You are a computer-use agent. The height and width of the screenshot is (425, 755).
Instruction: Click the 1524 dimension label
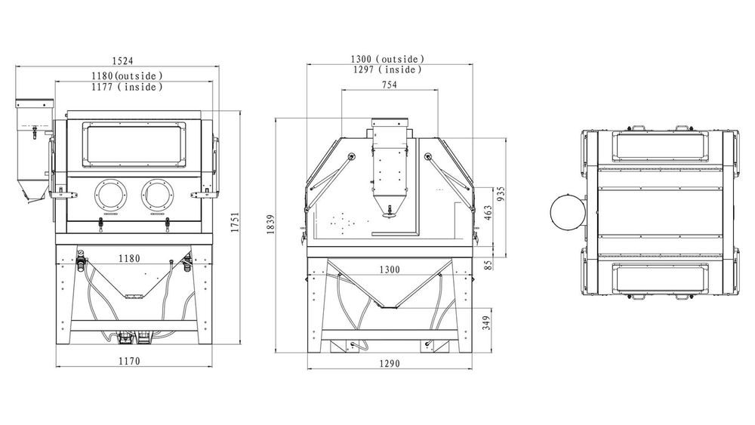coord(122,60)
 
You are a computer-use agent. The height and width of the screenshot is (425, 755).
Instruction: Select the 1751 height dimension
coord(235,223)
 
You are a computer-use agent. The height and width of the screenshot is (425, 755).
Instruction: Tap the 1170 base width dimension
coord(129,361)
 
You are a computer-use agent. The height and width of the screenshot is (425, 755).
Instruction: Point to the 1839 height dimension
coord(270,225)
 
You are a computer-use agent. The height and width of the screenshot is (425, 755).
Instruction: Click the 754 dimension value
coord(390,85)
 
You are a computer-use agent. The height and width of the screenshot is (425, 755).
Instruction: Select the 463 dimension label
coord(488,214)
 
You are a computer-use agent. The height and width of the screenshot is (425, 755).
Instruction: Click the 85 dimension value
coord(488,265)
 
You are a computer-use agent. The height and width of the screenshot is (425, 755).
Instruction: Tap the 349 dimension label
coord(486,323)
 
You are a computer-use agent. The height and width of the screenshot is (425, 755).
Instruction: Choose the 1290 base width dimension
coord(390,363)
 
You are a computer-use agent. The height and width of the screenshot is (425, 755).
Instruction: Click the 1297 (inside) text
coord(387,69)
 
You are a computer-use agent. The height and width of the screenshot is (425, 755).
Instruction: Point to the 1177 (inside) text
coord(127,87)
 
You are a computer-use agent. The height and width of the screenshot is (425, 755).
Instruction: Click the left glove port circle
coord(112,195)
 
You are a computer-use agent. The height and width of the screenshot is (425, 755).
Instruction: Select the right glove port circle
coord(158,195)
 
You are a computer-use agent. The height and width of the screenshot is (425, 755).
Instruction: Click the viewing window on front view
coord(134,145)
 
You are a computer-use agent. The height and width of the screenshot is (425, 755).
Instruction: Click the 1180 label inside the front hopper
coord(129,259)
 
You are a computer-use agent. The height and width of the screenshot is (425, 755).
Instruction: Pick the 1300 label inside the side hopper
coord(390,269)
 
